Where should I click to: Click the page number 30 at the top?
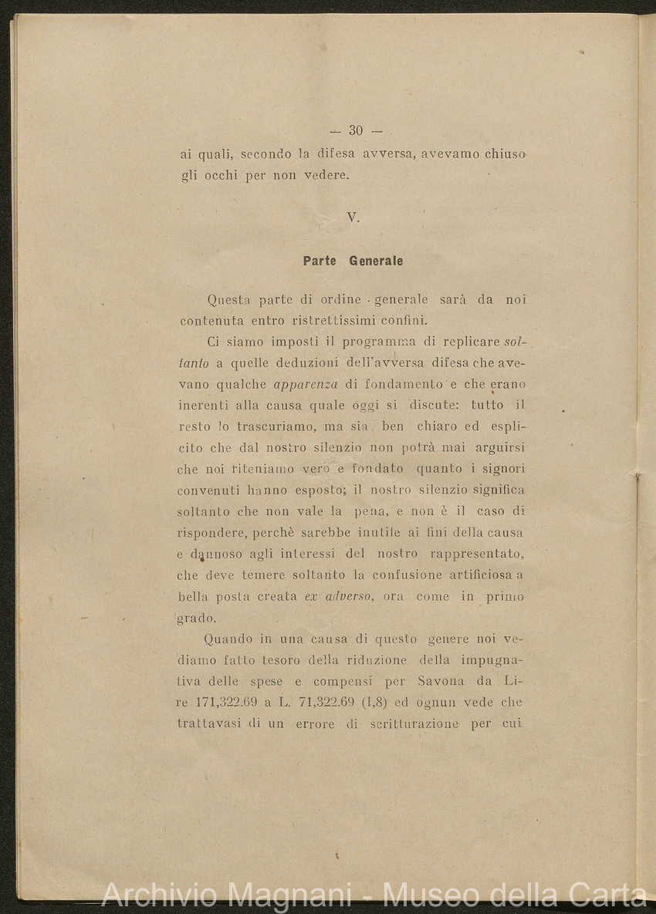pos(355,130)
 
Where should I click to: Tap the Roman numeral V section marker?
pos(353,218)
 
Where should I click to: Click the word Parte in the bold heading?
pos(320,261)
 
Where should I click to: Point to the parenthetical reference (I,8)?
pos(419,703)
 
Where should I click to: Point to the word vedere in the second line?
pos(326,175)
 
